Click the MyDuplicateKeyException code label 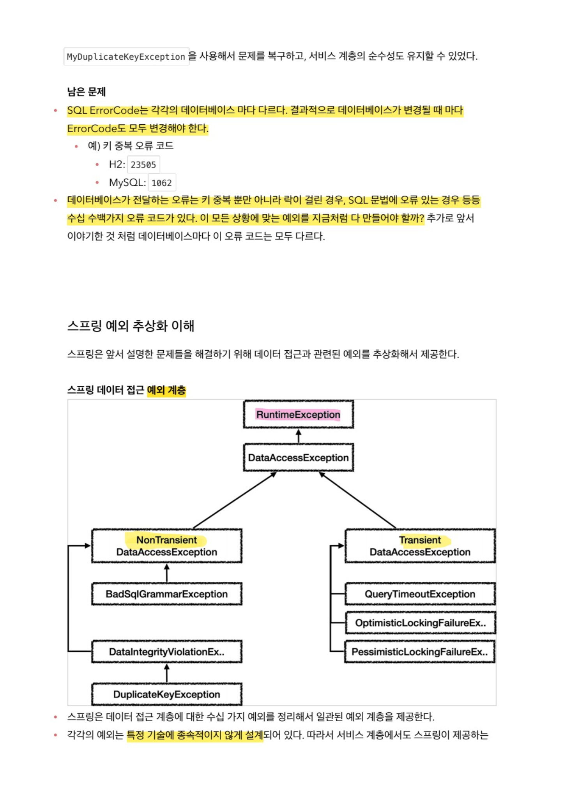click(x=126, y=57)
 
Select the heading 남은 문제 click(x=86, y=92)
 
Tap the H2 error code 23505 click(x=143, y=165)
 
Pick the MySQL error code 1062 click(x=161, y=183)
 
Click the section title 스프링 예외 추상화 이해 click(x=131, y=326)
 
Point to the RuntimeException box click(x=298, y=415)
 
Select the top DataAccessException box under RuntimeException click(x=298, y=458)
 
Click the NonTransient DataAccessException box click(x=167, y=546)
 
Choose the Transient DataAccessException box click(x=420, y=546)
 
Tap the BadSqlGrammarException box click(x=167, y=594)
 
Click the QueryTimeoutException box click(x=420, y=594)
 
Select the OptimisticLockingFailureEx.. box click(x=420, y=623)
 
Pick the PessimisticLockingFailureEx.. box click(x=419, y=652)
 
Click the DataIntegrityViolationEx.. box click(x=167, y=652)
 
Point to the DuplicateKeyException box click(x=167, y=694)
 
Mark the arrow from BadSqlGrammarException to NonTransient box click(x=167, y=573)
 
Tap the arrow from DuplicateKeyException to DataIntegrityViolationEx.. click(x=167, y=673)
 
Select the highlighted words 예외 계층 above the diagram click(x=166, y=390)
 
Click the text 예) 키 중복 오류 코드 click(x=131, y=146)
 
